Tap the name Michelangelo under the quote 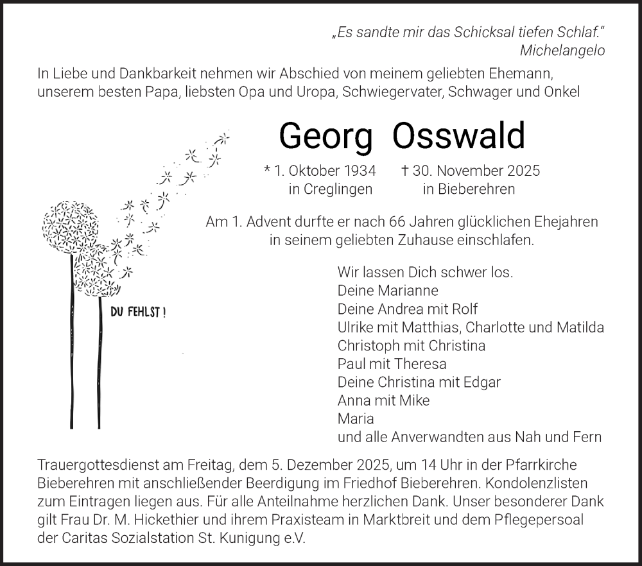coord(562,51)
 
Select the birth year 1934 coord(359,171)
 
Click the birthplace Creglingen coord(339,189)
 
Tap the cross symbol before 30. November coord(404,171)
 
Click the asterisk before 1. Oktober coord(267,171)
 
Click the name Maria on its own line coord(356,419)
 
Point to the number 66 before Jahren coord(398,222)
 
